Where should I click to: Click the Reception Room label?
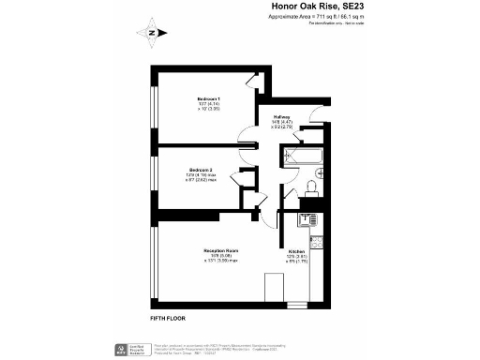coord(221,251)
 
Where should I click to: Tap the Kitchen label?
coord(295,252)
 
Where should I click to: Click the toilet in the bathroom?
coord(319,173)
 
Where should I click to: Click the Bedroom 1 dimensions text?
coord(208,107)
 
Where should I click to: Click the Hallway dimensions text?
coord(282,127)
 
